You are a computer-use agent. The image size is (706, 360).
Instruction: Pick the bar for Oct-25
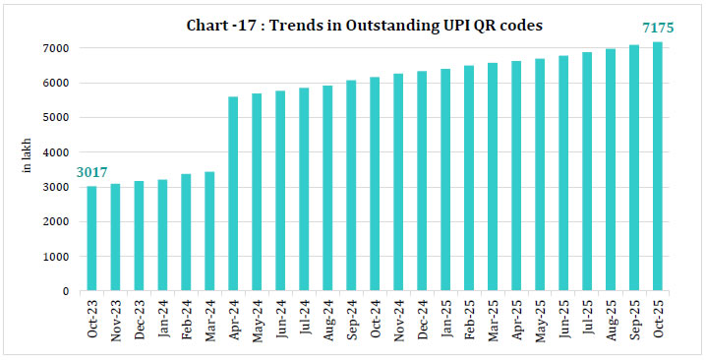[x=659, y=166]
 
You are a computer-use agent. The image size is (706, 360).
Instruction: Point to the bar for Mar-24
[x=210, y=231]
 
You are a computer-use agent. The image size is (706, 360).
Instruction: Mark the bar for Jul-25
[x=588, y=171]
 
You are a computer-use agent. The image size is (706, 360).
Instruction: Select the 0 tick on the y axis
[x=65, y=291]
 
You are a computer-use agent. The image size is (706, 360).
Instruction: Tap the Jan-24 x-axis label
[x=163, y=318]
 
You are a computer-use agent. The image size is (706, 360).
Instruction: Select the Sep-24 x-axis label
[x=352, y=318]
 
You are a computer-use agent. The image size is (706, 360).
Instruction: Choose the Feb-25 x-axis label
[x=470, y=318]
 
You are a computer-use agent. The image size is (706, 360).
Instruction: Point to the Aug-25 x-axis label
[x=612, y=318]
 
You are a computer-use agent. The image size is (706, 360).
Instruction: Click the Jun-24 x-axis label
[x=281, y=318]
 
